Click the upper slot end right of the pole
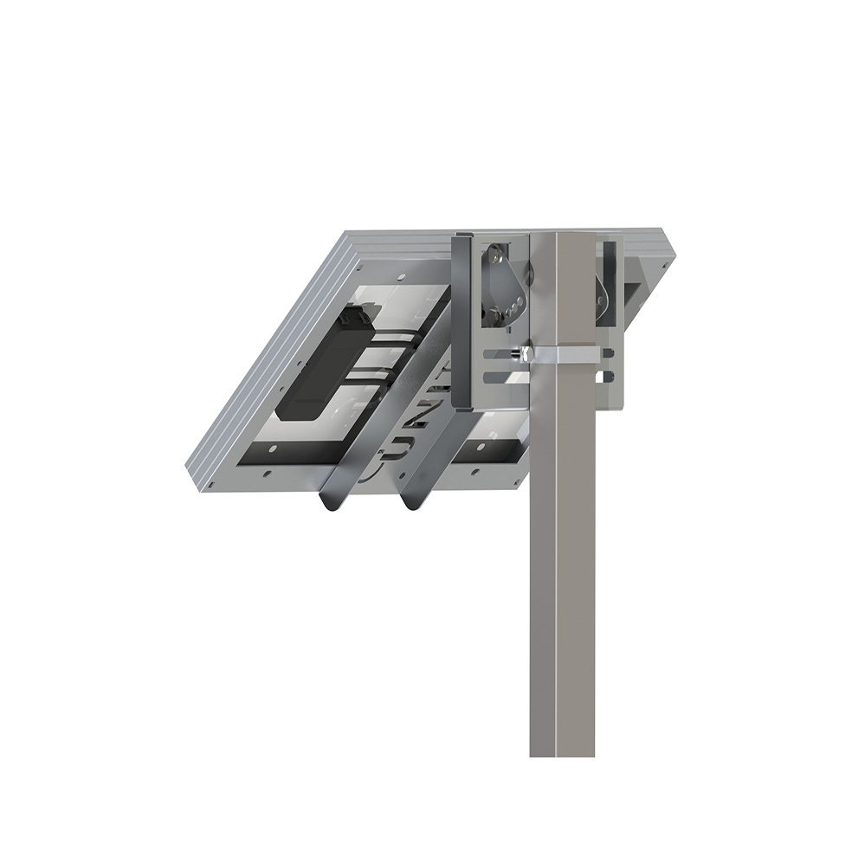pyautogui.click(x=609, y=352)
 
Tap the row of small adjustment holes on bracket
pyautogui.click(x=517, y=304)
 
